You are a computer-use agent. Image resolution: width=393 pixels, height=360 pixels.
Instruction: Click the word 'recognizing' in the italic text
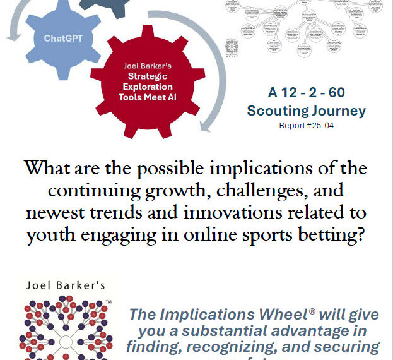point(226,346)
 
